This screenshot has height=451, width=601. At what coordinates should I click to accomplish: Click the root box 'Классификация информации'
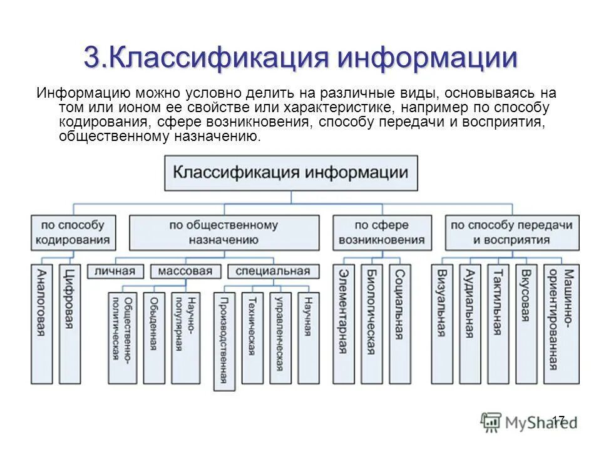tap(290, 173)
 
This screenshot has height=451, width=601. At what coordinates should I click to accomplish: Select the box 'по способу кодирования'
tap(74, 232)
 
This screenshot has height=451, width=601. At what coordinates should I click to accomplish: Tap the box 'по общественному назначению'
tap(223, 232)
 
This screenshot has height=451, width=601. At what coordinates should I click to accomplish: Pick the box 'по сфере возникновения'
tap(381, 232)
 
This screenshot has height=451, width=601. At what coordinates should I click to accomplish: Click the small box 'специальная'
tap(269, 271)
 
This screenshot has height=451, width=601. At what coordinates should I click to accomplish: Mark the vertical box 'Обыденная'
tap(153, 338)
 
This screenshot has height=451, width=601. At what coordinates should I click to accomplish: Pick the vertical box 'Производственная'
tap(223, 341)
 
